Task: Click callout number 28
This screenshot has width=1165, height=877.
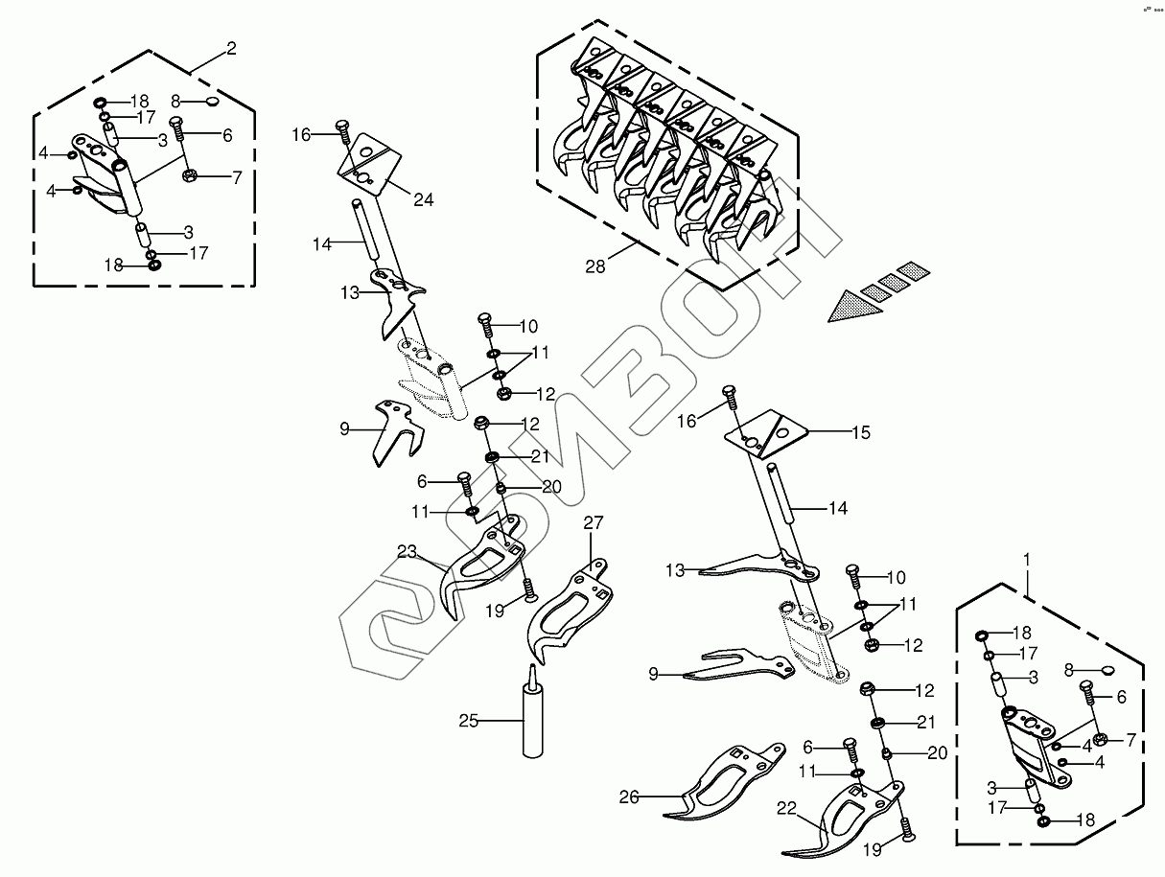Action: point(595,266)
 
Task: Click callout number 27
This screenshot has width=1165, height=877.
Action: point(594,522)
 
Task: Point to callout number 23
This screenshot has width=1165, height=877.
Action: point(408,551)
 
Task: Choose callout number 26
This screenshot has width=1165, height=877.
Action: point(629,796)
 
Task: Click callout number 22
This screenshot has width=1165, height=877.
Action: point(787,810)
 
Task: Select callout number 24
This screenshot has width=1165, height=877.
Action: point(423,199)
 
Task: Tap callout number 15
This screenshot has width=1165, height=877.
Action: point(860,432)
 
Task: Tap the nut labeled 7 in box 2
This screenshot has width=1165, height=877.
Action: point(189,176)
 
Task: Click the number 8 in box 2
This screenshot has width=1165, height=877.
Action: point(175,101)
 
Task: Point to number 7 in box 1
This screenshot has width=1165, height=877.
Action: point(1130,739)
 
